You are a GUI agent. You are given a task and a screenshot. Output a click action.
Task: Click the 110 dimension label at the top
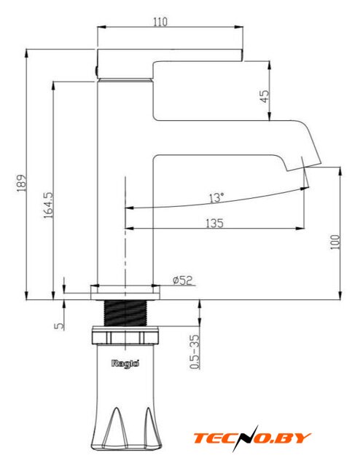(160, 22)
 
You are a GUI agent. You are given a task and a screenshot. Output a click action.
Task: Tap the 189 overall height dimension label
(22, 183)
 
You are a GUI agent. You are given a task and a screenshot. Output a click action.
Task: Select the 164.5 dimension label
(48, 205)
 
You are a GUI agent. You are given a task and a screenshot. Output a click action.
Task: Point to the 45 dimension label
(265, 96)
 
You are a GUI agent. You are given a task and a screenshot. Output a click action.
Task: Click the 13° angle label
(216, 197)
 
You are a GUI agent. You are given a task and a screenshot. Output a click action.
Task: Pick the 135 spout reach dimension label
(214, 223)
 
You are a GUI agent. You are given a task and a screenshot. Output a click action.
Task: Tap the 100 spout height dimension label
(335, 242)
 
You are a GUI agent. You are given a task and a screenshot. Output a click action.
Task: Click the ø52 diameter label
(183, 280)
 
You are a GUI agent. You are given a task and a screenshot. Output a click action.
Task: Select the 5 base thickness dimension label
(60, 325)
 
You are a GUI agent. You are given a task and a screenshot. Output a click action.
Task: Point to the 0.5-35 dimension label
(194, 352)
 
